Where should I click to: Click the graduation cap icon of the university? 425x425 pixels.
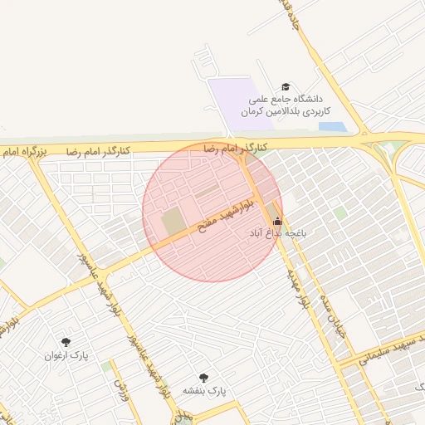click(286, 87)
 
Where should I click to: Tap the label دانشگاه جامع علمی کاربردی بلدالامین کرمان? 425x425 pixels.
click(286, 105)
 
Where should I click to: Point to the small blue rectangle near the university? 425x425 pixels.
click(332, 127)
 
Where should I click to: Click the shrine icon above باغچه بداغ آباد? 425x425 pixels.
click(277, 221)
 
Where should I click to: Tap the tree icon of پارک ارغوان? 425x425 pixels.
click(66, 341)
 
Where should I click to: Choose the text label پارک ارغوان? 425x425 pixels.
click(66, 355)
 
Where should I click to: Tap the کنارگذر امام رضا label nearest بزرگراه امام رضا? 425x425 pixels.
click(98, 152)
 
